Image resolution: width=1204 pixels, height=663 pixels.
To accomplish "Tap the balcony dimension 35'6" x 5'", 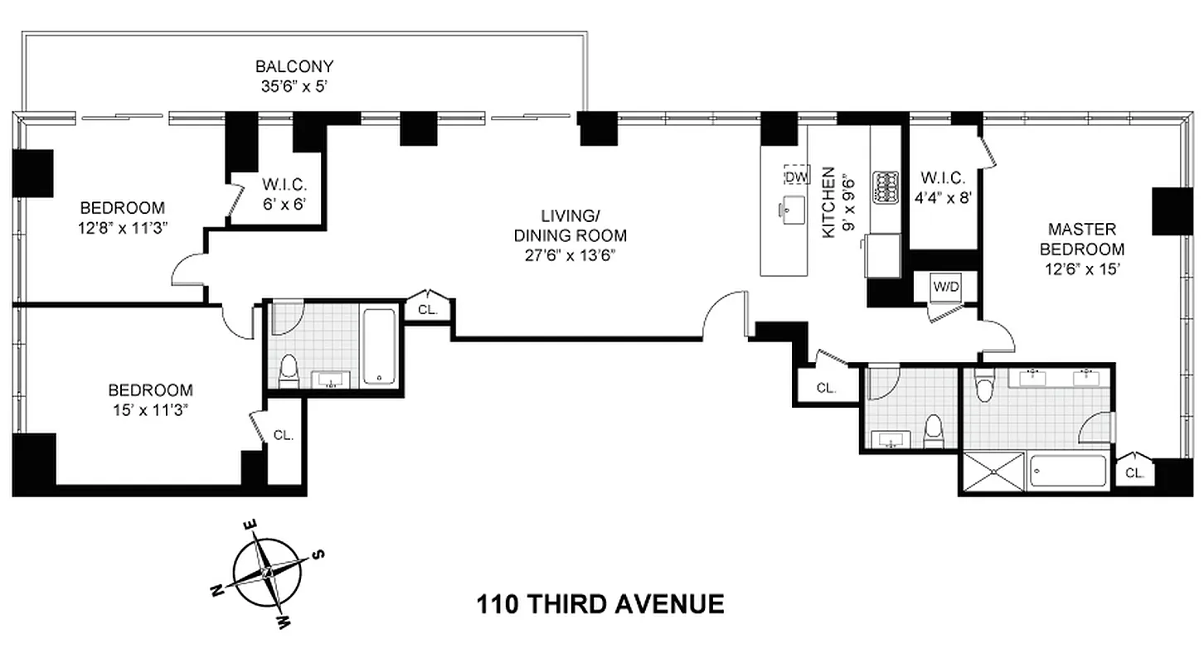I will coord(294,85).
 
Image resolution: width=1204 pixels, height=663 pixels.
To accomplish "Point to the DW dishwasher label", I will coord(795,176).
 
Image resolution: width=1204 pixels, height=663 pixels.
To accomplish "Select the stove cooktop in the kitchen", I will coord(886,186).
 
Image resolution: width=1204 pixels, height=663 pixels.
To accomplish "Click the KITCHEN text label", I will coord(828,203).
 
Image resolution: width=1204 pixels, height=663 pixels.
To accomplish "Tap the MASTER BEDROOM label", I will coord(1082,239).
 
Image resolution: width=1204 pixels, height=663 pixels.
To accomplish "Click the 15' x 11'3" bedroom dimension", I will coord(151,409).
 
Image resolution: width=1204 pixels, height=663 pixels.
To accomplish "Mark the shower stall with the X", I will coord(993,473).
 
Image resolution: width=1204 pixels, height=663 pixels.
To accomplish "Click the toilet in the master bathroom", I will coord(984,386).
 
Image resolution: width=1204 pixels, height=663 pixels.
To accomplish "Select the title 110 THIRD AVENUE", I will coord(600,603).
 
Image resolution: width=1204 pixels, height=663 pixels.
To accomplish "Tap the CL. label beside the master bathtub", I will coord(1134,474).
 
